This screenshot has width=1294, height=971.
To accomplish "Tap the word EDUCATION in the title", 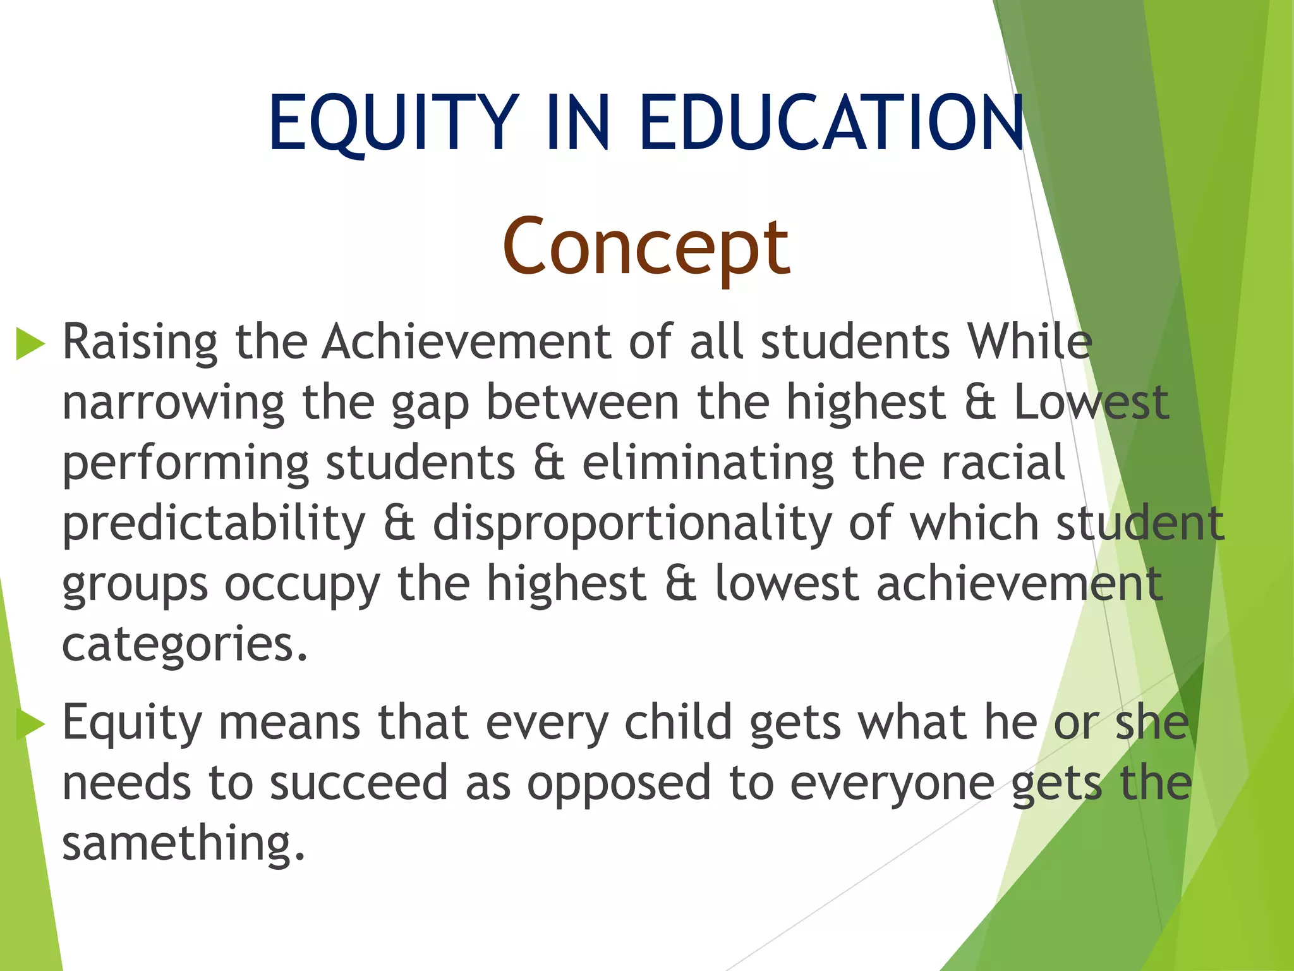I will pos(831,123).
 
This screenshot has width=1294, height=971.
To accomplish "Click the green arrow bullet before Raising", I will pos(30,344).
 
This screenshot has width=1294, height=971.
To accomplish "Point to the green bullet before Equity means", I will pos(30,724).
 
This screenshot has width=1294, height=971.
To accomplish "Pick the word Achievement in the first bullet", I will pos(466,343).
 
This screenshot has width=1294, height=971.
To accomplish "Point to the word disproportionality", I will pos(632,525).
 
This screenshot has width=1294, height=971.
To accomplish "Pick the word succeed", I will pos(359,783).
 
